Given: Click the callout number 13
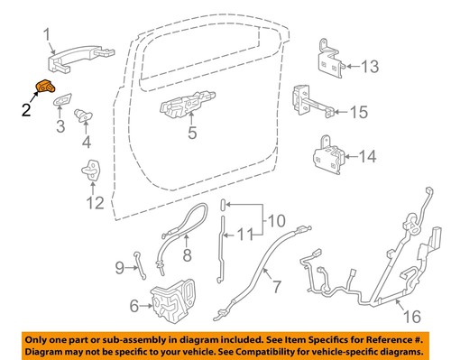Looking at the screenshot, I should [x=372, y=65].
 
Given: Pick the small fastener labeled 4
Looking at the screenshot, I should [x=86, y=115].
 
